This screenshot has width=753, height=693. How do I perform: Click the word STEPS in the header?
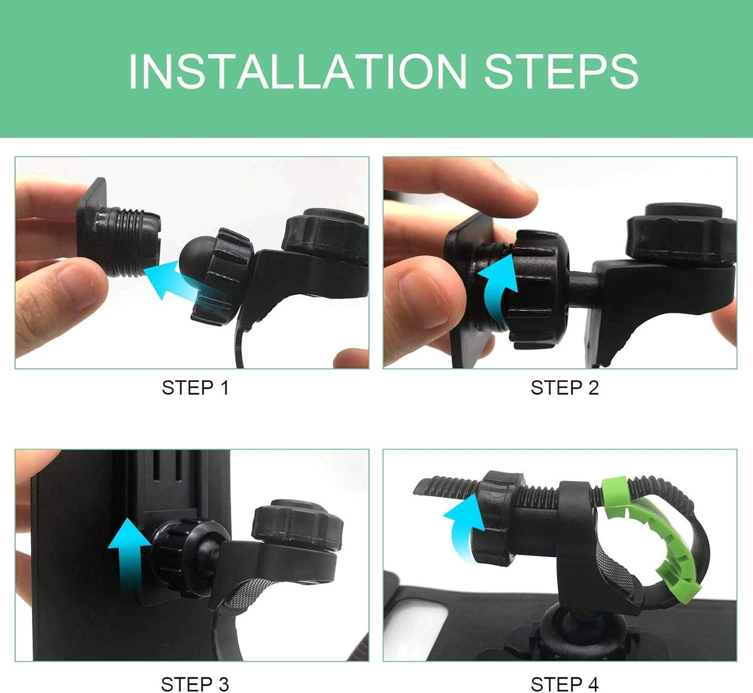pyautogui.click(x=561, y=71)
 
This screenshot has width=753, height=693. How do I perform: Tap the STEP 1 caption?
pyautogui.click(x=195, y=388)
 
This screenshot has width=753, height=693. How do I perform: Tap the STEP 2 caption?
pyautogui.click(x=565, y=388)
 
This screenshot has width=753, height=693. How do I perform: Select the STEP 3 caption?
pyautogui.click(x=195, y=684)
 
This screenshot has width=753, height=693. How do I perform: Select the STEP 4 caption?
pyautogui.click(x=565, y=684)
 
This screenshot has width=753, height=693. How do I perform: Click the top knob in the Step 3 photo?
pyautogui.click(x=297, y=526)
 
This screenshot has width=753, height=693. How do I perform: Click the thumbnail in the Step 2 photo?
pyautogui.click(x=424, y=297)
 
